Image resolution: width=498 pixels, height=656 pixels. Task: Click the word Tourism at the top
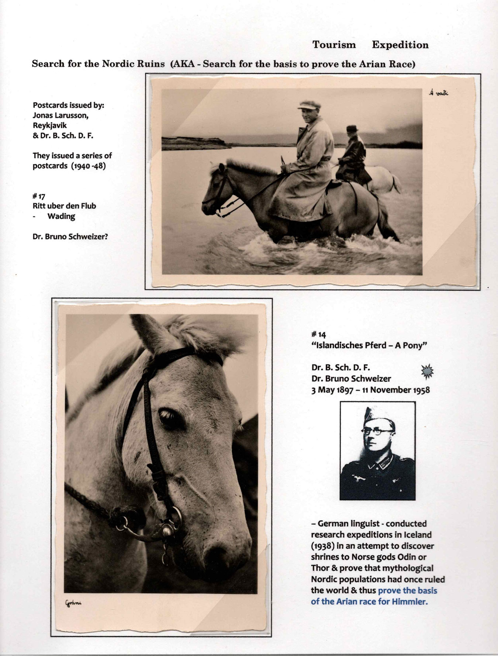point(334,45)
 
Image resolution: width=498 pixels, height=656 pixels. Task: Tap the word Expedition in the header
point(400,45)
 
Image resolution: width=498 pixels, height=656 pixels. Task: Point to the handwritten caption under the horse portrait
point(73,603)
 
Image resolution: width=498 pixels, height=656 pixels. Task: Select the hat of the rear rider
point(352,129)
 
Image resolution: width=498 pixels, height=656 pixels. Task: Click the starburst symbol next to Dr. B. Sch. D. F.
point(427,372)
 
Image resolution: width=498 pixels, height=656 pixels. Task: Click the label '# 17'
point(39,196)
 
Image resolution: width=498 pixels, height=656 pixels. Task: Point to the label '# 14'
point(319,335)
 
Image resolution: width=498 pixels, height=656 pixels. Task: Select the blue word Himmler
point(410,602)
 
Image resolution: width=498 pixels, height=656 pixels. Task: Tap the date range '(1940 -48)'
point(88,166)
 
